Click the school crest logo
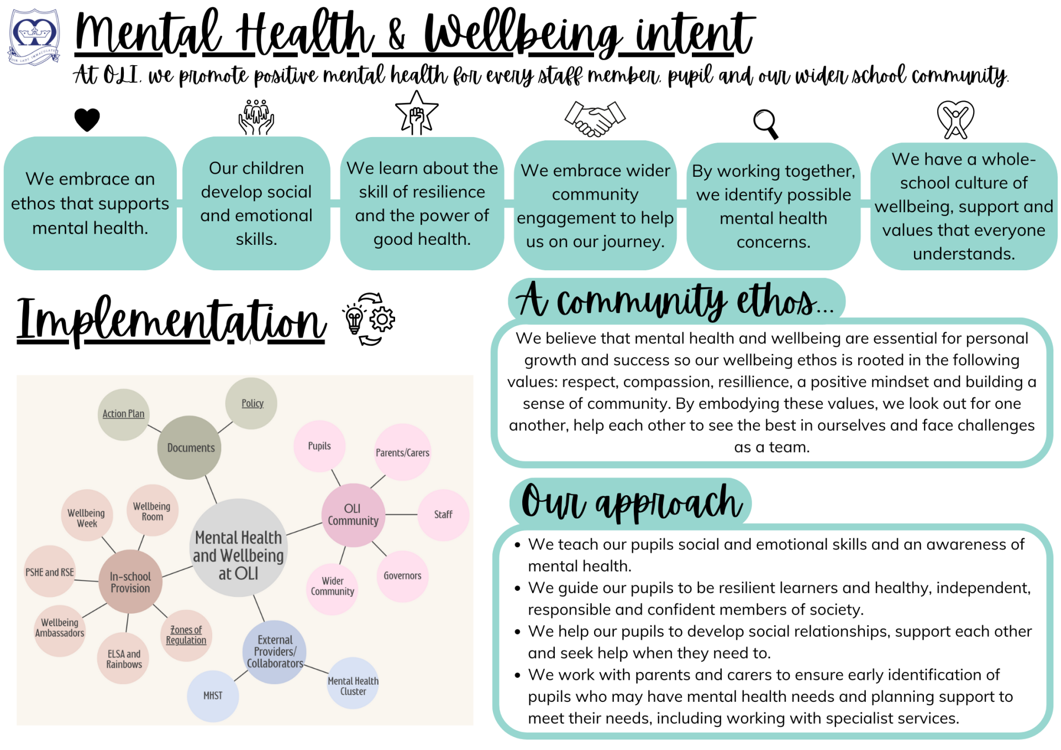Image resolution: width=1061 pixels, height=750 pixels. [x=34, y=37]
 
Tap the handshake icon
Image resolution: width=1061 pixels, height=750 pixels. [x=595, y=118]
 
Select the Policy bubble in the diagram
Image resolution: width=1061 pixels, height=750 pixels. [x=251, y=403]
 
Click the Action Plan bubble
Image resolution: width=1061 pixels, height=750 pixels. [x=123, y=414]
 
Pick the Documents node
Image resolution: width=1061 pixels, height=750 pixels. [x=190, y=448]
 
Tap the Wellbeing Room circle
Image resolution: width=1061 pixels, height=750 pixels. [x=152, y=511]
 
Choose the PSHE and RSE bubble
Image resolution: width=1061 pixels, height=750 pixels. [x=50, y=572]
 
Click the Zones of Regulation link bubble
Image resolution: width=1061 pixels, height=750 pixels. [x=186, y=635]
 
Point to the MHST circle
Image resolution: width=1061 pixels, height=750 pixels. [x=213, y=695]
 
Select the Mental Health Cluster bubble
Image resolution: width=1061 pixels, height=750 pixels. [x=353, y=686]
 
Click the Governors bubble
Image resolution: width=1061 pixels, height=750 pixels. [x=402, y=576]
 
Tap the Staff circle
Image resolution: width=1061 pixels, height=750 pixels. [x=443, y=515]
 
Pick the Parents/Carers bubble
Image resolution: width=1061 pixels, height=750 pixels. [x=402, y=453]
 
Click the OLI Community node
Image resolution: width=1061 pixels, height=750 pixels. [x=353, y=515]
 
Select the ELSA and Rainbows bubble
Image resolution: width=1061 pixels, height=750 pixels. [x=124, y=659]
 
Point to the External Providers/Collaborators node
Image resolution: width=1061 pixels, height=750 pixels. [x=275, y=652]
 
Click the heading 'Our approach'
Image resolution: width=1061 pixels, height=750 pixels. [x=631, y=502]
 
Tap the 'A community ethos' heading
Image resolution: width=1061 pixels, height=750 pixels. [x=675, y=300]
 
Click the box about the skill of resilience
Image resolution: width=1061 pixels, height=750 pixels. [x=422, y=203]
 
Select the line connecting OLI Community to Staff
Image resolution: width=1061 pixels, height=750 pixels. [x=401, y=515]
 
